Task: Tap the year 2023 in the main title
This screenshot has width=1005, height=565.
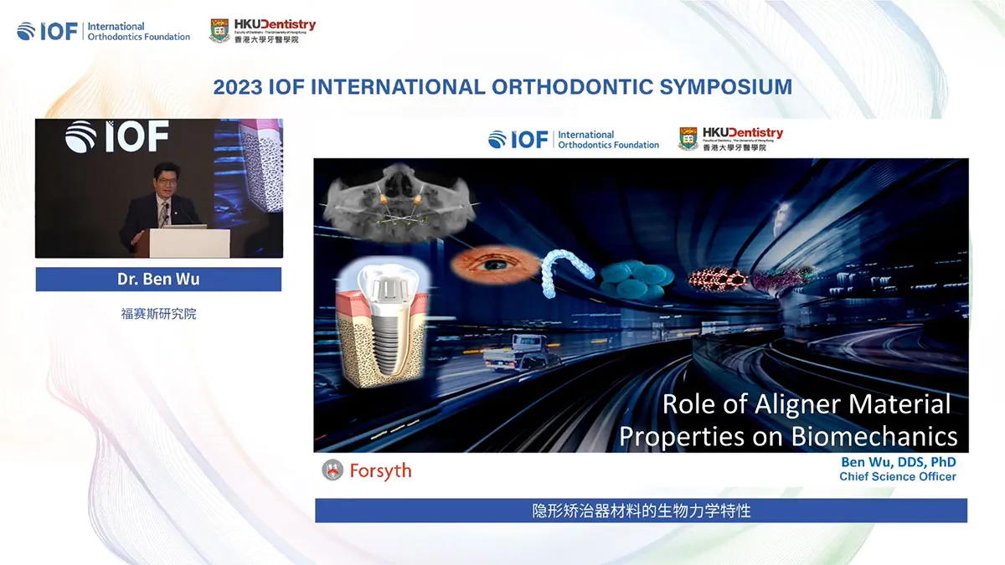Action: tap(238, 87)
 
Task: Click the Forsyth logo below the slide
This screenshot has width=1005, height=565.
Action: tap(367, 470)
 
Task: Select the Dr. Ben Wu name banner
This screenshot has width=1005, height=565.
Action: tap(158, 280)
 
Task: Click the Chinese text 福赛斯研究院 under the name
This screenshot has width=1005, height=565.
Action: tap(158, 315)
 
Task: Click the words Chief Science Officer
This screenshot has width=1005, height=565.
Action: tap(897, 477)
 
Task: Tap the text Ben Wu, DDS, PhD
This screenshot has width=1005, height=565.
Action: tap(898, 462)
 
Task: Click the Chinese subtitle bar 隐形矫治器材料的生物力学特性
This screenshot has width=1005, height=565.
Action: tap(641, 511)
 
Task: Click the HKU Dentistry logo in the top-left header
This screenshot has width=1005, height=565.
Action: tap(262, 31)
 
